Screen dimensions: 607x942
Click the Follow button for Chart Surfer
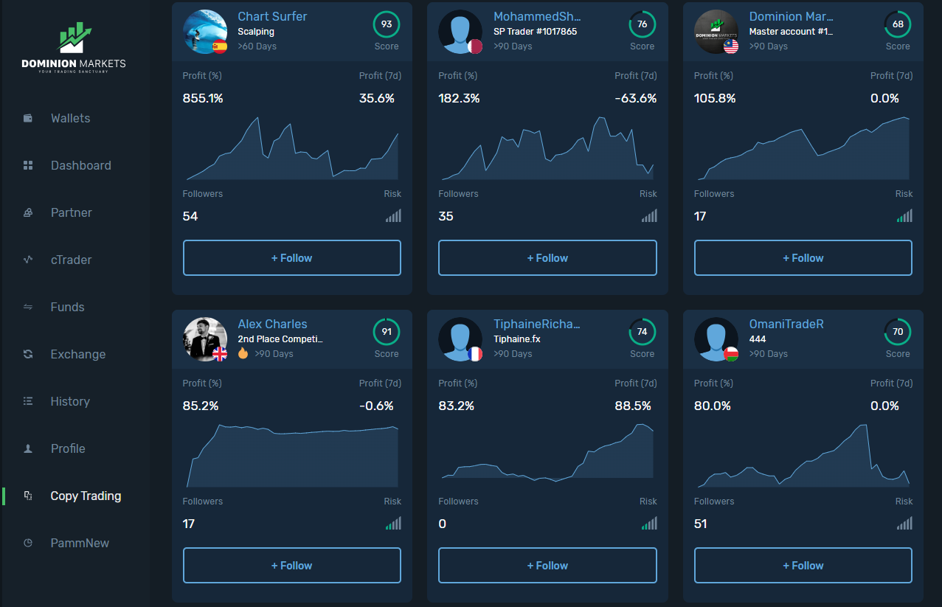click(291, 258)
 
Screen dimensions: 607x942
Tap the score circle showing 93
click(386, 24)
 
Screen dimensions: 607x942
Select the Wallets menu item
click(70, 118)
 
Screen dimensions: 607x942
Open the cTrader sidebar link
click(71, 260)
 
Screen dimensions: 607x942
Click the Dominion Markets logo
click(74, 46)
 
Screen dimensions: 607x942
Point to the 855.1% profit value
click(203, 98)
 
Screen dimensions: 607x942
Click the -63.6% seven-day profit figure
click(636, 98)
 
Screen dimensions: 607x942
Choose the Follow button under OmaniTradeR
click(803, 566)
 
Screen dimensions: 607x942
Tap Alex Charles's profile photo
click(204, 339)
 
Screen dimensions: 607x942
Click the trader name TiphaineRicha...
click(536, 324)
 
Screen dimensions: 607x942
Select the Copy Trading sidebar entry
click(86, 496)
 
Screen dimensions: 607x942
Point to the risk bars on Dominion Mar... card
click(904, 216)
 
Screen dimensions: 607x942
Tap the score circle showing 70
click(898, 332)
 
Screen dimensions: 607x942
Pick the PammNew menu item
click(80, 543)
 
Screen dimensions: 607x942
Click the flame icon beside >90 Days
click(243, 353)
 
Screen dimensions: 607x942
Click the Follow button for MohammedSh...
click(547, 258)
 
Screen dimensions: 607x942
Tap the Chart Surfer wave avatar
click(204, 32)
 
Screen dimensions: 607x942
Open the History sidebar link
click(70, 401)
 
